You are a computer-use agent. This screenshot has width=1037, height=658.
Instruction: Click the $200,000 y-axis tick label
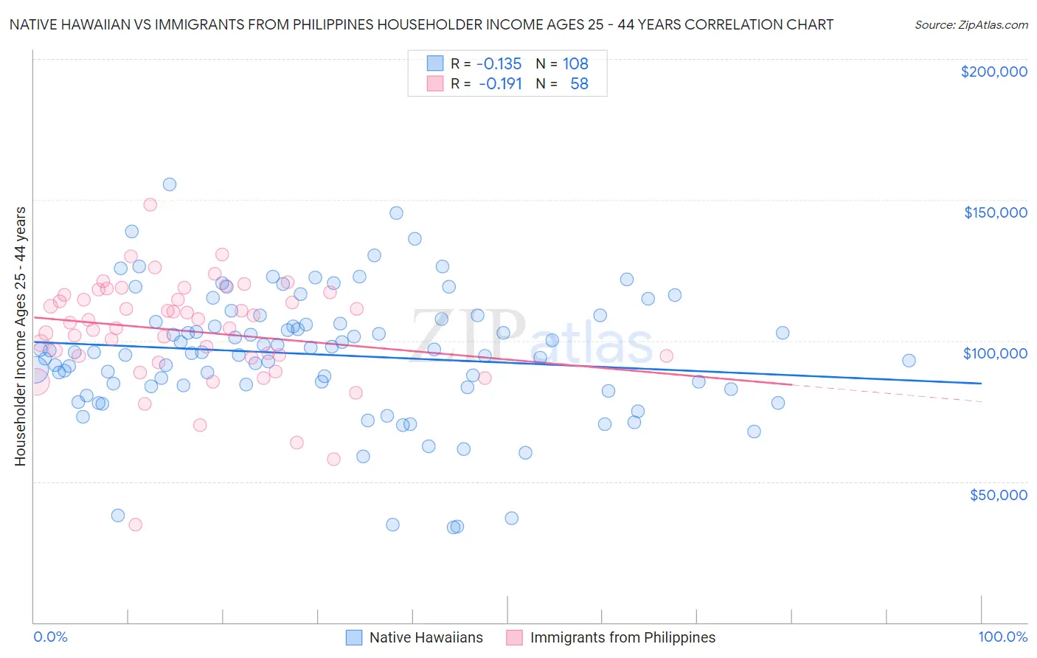993,72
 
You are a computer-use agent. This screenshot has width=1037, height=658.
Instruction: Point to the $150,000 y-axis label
995,212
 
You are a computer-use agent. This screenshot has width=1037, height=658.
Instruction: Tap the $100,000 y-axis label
995,353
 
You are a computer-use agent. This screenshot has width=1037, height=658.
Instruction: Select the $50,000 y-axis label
998,495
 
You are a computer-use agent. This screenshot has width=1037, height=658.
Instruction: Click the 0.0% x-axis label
51,637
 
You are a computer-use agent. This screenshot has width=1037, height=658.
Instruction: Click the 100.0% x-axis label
1002,637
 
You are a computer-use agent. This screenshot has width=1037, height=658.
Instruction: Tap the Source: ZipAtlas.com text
971,24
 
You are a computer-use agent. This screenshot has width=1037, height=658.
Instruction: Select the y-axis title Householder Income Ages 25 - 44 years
21,336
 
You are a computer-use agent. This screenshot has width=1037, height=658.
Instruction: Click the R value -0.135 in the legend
499,63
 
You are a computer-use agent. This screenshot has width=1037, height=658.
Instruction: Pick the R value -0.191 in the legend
500,83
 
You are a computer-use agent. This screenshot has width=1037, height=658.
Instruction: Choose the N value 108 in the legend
575,63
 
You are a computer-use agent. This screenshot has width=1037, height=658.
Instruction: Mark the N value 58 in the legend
579,83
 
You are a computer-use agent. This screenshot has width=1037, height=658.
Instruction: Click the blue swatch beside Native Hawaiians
354,637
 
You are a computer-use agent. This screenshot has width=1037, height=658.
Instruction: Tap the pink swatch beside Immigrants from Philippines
514,637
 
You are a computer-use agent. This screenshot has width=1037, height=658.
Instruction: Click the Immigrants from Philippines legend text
622,637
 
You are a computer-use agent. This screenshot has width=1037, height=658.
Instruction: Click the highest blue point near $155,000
170,184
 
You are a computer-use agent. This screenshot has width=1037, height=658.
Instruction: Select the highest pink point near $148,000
150,204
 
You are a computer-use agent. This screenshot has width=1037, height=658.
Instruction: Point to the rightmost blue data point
909,361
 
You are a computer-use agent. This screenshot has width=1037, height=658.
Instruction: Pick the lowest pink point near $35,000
135,524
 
